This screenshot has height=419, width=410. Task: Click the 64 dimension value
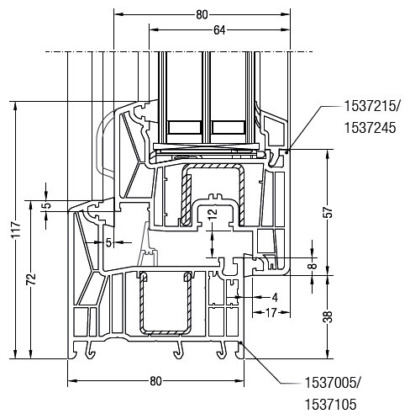click(219, 30)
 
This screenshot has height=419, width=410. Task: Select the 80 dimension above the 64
click(202, 15)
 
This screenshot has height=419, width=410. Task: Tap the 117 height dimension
click(16, 229)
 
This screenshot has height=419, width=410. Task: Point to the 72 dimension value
click(31, 278)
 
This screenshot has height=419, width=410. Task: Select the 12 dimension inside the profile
click(213, 214)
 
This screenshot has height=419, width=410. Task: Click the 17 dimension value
click(271, 312)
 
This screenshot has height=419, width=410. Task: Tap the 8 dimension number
click(313, 265)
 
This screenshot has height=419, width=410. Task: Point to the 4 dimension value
click(275, 298)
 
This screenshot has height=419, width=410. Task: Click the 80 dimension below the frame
click(155, 381)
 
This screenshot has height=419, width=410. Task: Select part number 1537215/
click(372, 107)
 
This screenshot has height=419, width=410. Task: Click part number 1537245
click(370, 128)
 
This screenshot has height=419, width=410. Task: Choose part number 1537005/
click(333, 383)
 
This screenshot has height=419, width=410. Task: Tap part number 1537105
click(330, 405)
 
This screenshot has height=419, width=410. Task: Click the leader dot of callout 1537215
click(286, 151)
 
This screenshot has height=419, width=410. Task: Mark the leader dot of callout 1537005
click(240, 342)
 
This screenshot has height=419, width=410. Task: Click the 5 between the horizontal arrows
click(108, 242)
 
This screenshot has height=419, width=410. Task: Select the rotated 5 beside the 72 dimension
click(48, 205)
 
